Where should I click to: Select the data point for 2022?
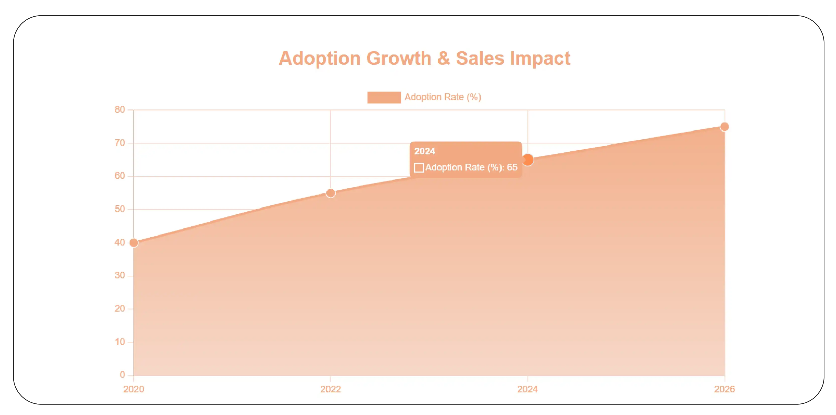tap(330, 193)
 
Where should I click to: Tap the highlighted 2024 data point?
tap(528, 160)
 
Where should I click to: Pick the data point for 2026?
tap(724, 127)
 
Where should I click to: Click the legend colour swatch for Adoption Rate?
tap(384, 97)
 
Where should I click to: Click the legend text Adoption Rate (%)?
tap(443, 97)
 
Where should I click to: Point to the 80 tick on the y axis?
tap(120, 110)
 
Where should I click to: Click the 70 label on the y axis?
tap(120, 143)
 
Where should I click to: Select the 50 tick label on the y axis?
tap(120, 209)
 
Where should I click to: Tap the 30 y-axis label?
tap(120, 275)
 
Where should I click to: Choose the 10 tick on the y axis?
tap(120, 342)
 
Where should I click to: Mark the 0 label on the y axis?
tap(122, 375)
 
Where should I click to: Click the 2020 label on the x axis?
tap(133, 389)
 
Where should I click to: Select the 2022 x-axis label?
tap(330, 389)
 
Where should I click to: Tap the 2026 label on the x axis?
tap(724, 389)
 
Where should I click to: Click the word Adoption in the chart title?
tap(319, 58)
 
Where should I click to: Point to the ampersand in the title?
tap(443, 58)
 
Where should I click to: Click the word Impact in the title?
tap(540, 58)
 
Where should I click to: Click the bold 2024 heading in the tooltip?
tap(425, 151)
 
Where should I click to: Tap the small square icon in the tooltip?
tap(419, 168)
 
